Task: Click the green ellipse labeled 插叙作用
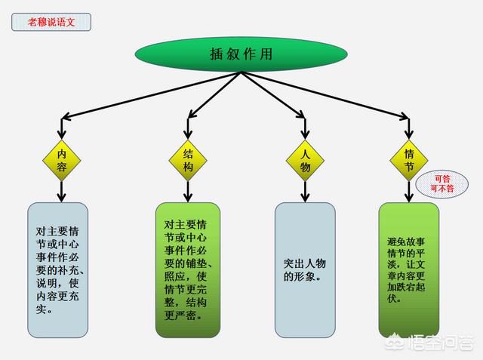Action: (x=241, y=54)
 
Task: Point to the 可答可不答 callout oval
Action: (x=441, y=183)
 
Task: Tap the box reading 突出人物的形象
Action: (x=305, y=269)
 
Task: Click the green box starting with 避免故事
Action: (x=408, y=269)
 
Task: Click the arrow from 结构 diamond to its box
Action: (x=188, y=192)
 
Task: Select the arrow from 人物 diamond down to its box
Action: (x=304, y=192)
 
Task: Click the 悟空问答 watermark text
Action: (x=445, y=341)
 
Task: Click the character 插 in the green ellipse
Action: (x=217, y=54)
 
